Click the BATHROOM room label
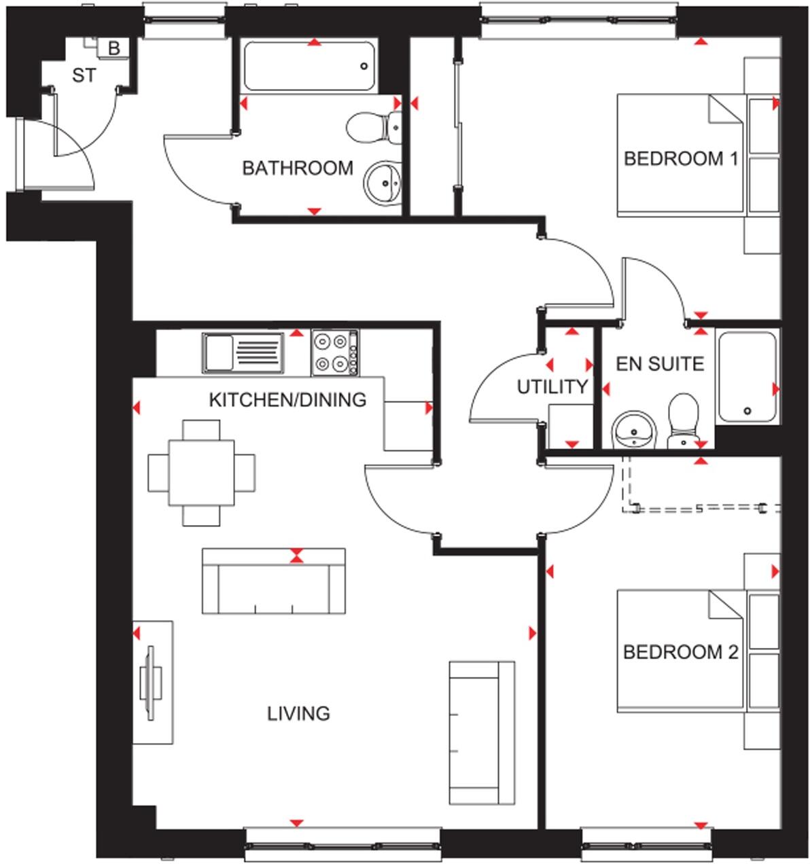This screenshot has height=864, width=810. pos(298,167)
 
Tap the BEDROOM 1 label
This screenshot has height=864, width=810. pos(681,158)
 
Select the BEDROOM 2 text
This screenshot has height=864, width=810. pos(680,652)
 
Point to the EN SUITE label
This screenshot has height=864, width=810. pos(660,364)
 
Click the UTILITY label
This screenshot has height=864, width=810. pos(552,387)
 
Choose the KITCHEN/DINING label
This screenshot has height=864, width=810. pos(287,399)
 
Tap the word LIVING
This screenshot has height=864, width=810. pos(298,713)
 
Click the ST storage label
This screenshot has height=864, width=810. pos(84,75)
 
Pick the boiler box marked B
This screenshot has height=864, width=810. pos(114,48)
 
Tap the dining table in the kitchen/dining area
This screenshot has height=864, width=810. pos(202,472)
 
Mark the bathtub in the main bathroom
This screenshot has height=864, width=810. pos(309,67)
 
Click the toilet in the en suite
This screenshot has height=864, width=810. pos(682,421)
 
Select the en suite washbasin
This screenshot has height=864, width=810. pos(634,431)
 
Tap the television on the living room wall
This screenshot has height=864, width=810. pos(151,682)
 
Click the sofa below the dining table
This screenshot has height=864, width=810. pos(273,581)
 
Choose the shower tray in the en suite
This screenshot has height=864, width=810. pos(747,377)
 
